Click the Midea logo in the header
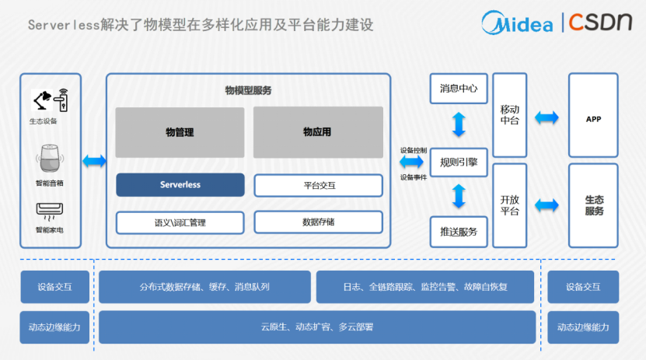tap(516, 23)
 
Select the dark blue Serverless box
tap(180, 185)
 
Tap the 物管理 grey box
tap(180, 132)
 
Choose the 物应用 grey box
tap(317, 132)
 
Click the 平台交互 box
tap(318, 186)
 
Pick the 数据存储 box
tap(318, 222)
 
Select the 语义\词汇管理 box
tap(180, 222)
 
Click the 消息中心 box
tap(459, 88)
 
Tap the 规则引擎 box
tap(459, 163)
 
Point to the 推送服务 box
tap(459, 232)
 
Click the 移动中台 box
tap(510, 114)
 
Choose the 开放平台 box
tap(510, 205)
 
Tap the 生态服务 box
tap(593, 205)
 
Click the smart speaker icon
tap(50, 160)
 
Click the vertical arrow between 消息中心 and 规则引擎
tap(459, 124)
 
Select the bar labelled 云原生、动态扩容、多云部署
tap(317, 327)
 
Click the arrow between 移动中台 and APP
tap(547, 118)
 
